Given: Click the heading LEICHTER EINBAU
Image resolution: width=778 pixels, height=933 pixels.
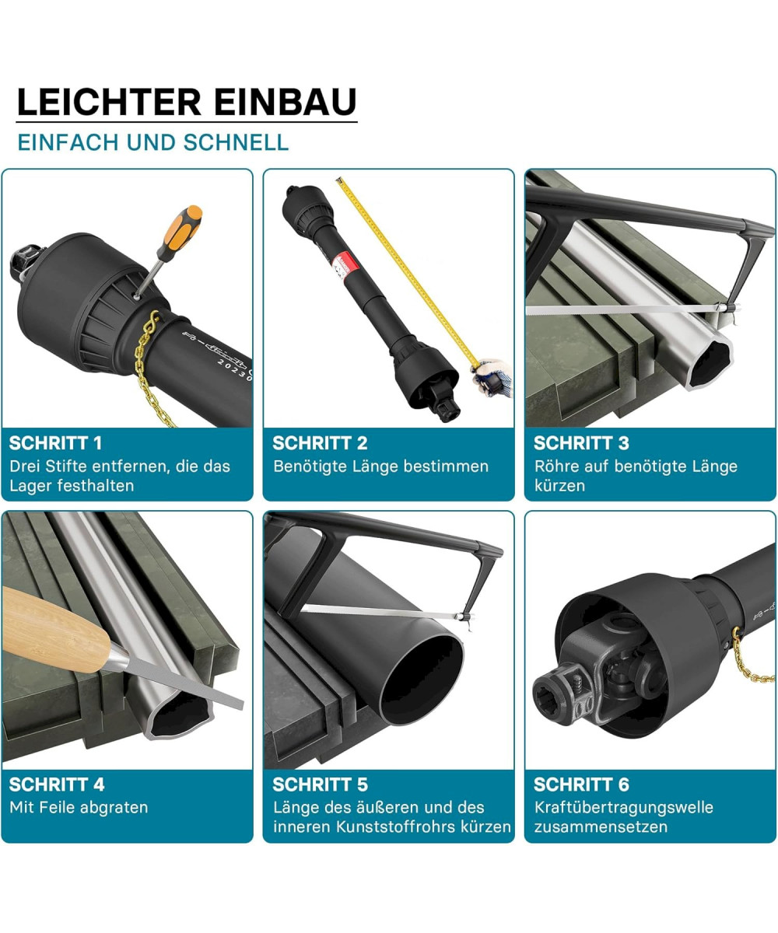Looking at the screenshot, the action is (x=187, y=102).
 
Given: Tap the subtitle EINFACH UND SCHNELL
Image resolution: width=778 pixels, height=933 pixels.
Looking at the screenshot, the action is (x=153, y=142).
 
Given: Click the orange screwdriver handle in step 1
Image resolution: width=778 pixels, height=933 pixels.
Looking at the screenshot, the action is (x=182, y=229).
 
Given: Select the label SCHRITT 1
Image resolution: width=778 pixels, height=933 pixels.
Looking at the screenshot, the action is (x=55, y=443).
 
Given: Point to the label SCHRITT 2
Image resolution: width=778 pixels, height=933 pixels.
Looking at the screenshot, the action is (x=320, y=443).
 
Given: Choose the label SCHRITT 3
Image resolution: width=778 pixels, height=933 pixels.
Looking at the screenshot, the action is (x=581, y=443).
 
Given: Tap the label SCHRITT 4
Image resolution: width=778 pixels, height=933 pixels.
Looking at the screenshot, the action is (x=57, y=784).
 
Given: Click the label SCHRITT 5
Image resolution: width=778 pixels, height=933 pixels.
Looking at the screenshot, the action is (x=320, y=784).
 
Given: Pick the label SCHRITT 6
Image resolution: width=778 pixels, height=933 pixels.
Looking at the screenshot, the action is (x=581, y=784).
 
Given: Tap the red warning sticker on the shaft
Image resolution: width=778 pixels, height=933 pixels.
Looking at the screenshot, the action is (x=342, y=265).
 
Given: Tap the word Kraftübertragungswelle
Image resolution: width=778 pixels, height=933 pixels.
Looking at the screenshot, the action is (x=624, y=809).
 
